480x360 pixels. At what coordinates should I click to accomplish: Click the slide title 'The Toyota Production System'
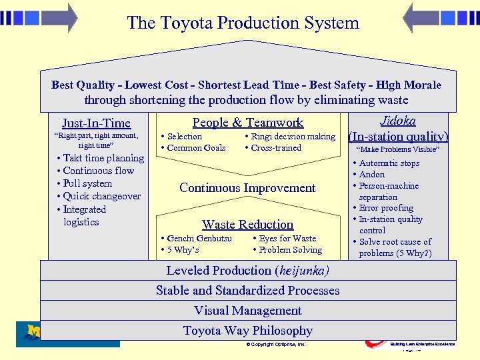coord(243,23)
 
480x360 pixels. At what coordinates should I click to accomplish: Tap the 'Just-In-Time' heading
coord(96,123)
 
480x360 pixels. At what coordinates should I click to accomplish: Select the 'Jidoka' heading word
coord(397,121)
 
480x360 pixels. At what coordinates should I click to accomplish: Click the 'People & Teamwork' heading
coord(247,122)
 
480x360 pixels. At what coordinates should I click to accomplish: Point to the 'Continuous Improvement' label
coord(247,188)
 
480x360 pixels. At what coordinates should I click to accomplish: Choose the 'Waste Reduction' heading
coord(247,225)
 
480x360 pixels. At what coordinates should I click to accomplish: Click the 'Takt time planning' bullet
coord(102,158)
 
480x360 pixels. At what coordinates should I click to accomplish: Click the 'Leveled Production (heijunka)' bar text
coord(247,271)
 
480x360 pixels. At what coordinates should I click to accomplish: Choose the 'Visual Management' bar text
coord(247,311)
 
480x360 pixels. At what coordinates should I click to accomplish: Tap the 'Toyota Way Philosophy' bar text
coord(247,331)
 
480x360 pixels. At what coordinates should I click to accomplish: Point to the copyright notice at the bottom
coord(276,345)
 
